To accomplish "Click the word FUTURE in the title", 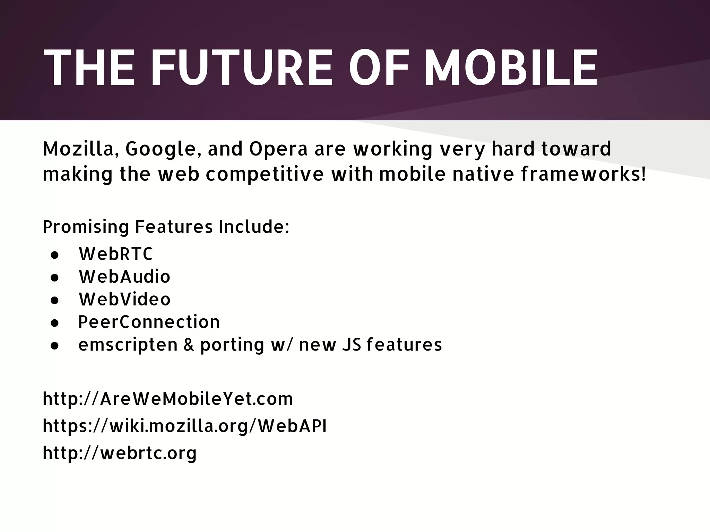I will click(x=242, y=67).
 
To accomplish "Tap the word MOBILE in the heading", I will click(x=511, y=67).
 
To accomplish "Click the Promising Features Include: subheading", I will click(x=166, y=227).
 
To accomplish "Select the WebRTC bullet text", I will click(x=116, y=254).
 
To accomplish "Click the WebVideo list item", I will click(x=125, y=299).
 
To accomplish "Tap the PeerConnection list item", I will click(x=149, y=322).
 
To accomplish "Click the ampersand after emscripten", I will click(x=189, y=345).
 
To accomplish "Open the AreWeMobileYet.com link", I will click(x=168, y=399).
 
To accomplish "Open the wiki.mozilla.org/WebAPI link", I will click(x=184, y=426).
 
